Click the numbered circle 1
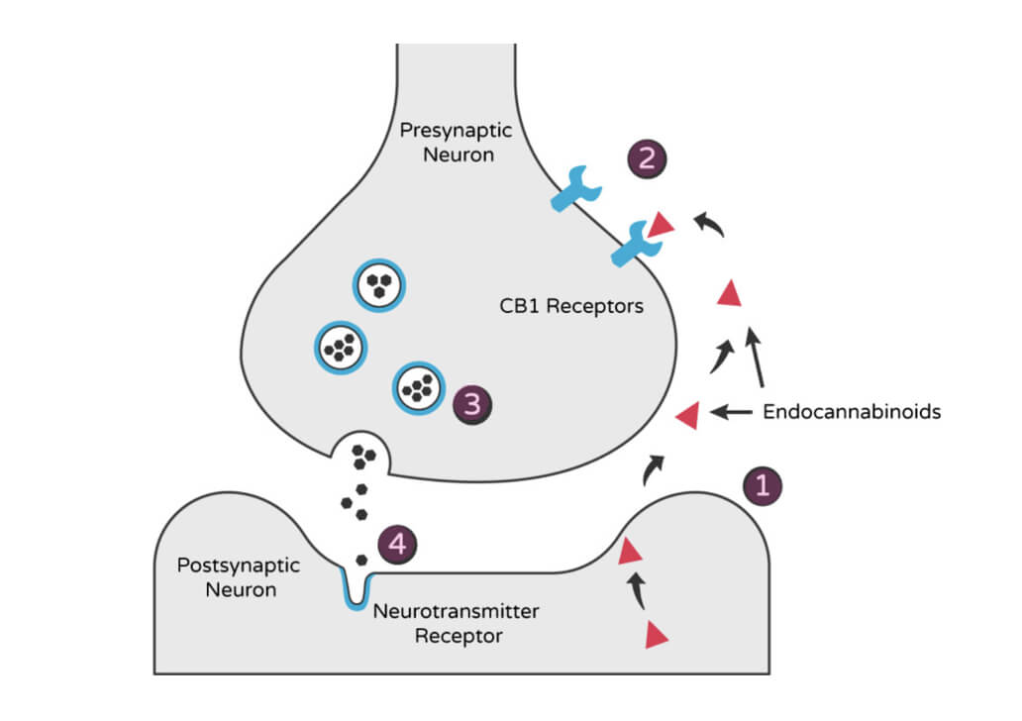(x=763, y=484)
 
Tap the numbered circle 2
(x=647, y=159)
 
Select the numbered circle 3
(x=471, y=403)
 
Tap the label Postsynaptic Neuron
(x=226, y=577)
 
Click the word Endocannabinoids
(x=851, y=411)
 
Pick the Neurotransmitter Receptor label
(x=457, y=623)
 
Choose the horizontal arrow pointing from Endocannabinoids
(x=733, y=410)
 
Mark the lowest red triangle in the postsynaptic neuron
(x=656, y=635)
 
